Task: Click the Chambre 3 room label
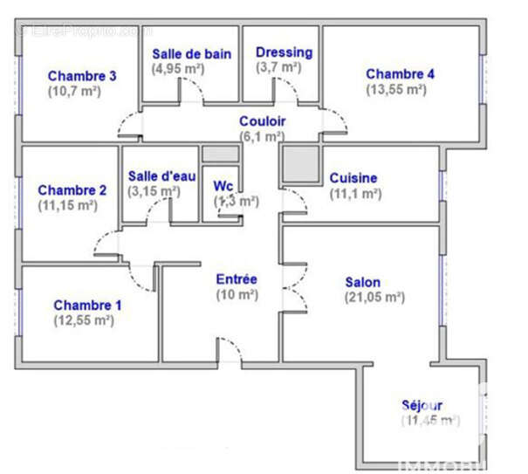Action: click(x=82, y=76)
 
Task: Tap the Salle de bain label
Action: click(x=192, y=53)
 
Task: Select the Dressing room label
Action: click(x=284, y=52)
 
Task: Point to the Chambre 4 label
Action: click(x=400, y=74)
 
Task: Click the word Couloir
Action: click(x=263, y=121)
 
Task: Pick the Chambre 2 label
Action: click(x=72, y=190)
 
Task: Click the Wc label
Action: click(x=223, y=186)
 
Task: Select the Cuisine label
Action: click(x=353, y=178)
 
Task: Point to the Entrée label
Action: click(x=237, y=279)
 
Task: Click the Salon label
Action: click(x=362, y=282)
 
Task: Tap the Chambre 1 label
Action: click(x=87, y=306)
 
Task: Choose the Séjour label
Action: click(x=422, y=405)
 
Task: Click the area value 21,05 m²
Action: click(x=375, y=297)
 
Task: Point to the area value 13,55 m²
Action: click(x=401, y=89)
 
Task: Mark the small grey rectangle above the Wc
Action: click(x=220, y=155)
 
